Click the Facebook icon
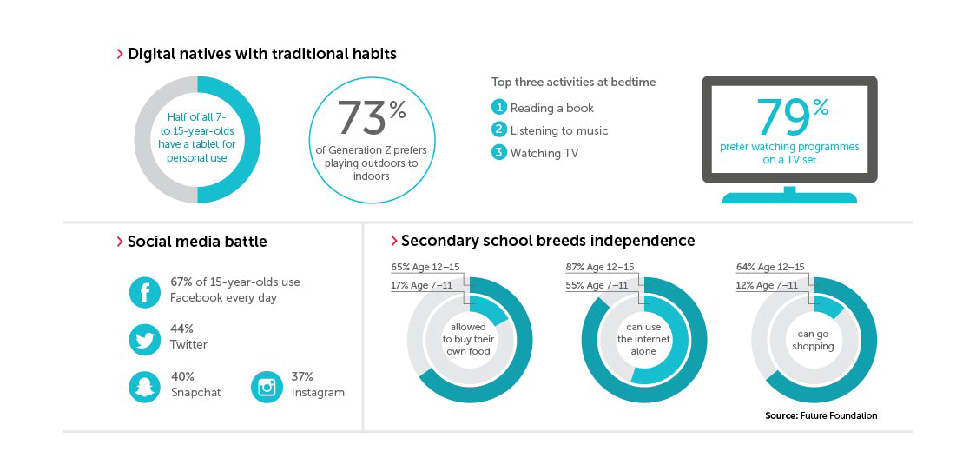(x=145, y=291)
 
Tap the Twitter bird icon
(x=145, y=339)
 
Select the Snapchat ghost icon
(x=145, y=387)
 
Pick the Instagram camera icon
(x=267, y=387)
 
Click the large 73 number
(x=361, y=119)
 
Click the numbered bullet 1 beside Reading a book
(x=498, y=108)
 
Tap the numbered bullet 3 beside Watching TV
(x=498, y=153)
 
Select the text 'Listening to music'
(x=559, y=130)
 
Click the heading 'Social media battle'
(x=197, y=242)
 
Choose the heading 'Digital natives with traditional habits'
(x=261, y=54)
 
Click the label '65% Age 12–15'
(x=426, y=267)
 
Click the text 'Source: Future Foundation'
(x=821, y=415)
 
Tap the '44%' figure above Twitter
(x=181, y=329)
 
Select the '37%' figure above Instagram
(x=303, y=376)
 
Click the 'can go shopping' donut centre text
(x=813, y=340)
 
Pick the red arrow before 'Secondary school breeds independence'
(x=394, y=241)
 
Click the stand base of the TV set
(x=789, y=197)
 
